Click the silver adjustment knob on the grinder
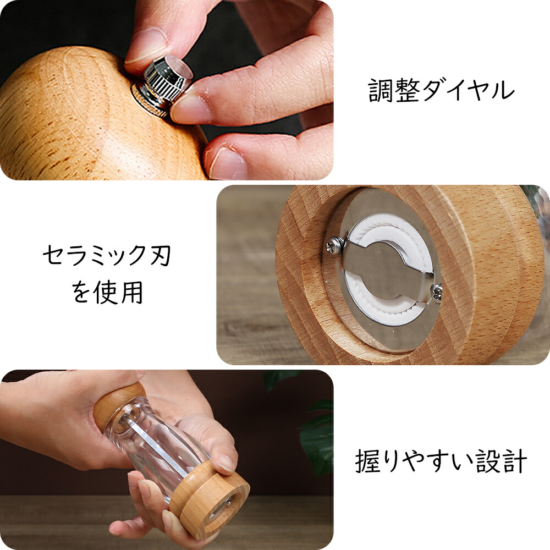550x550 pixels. pyautogui.click(x=166, y=84)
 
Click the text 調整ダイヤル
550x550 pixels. pyautogui.click(x=441, y=91)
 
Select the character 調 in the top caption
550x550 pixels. pyautogui.click(x=381, y=91)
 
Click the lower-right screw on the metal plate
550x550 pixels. pyautogui.click(x=437, y=293)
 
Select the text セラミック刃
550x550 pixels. pyautogui.click(x=107, y=255)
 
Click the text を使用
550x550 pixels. pyautogui.click(x=107, y=292)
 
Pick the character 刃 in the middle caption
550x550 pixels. pyautogui.click(x=159, y=255)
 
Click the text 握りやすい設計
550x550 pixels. pyautogui.click(x=441, y=461)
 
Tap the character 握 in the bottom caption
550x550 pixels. pyautogui.click(x=367, y=461)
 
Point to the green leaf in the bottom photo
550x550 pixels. pyautogui.click(x=316, y=438)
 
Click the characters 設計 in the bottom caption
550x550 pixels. pyautogui.click(x=502, y=461)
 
